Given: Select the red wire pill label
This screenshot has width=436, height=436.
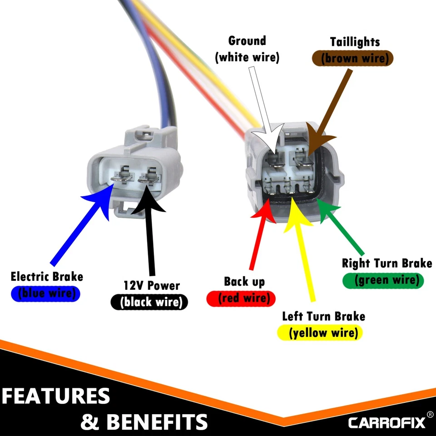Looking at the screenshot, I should tap(241, 298).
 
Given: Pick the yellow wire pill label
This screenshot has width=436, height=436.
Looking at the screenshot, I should tap(323, 333).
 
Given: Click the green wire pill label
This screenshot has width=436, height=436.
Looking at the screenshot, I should tap(383, 280).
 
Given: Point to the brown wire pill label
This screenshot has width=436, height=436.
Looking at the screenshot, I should tap(352, 59).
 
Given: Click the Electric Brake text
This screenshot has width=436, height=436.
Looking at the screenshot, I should tap(47, 277).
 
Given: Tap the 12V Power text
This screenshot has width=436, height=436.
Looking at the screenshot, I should tap(152, 286).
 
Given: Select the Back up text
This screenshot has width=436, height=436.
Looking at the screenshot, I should tap(244, 282).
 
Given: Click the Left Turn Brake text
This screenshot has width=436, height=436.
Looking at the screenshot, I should tap(323, 316).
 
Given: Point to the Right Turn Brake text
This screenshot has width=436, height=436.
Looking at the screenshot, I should tap(386, 263).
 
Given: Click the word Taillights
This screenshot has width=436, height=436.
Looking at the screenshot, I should tap(355, 42).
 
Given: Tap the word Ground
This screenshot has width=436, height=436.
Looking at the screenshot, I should tap(247, 41).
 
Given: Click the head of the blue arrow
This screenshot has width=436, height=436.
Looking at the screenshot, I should tap(101, 200).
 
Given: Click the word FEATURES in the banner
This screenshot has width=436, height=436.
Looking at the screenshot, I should tap(55, 396).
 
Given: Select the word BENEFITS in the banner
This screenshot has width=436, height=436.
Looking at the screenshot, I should tap(157, 422).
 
